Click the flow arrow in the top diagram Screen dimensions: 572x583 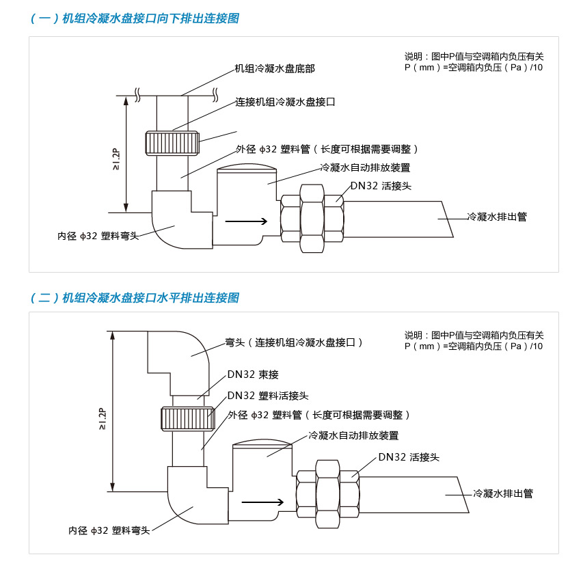tap(246, 221)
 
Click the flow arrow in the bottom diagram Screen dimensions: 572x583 tap(262, 501)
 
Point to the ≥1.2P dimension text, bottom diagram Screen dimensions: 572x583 tap(101, 418)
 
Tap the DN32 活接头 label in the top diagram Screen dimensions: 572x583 tap(381, 185)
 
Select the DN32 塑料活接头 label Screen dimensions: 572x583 tap(268, 395)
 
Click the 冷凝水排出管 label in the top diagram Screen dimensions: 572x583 tap(497, 217)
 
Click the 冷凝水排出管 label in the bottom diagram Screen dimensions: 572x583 tap(503, 493)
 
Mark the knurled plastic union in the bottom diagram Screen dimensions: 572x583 tap(185, 418)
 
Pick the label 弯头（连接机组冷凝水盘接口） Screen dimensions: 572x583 tap(294, 342)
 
